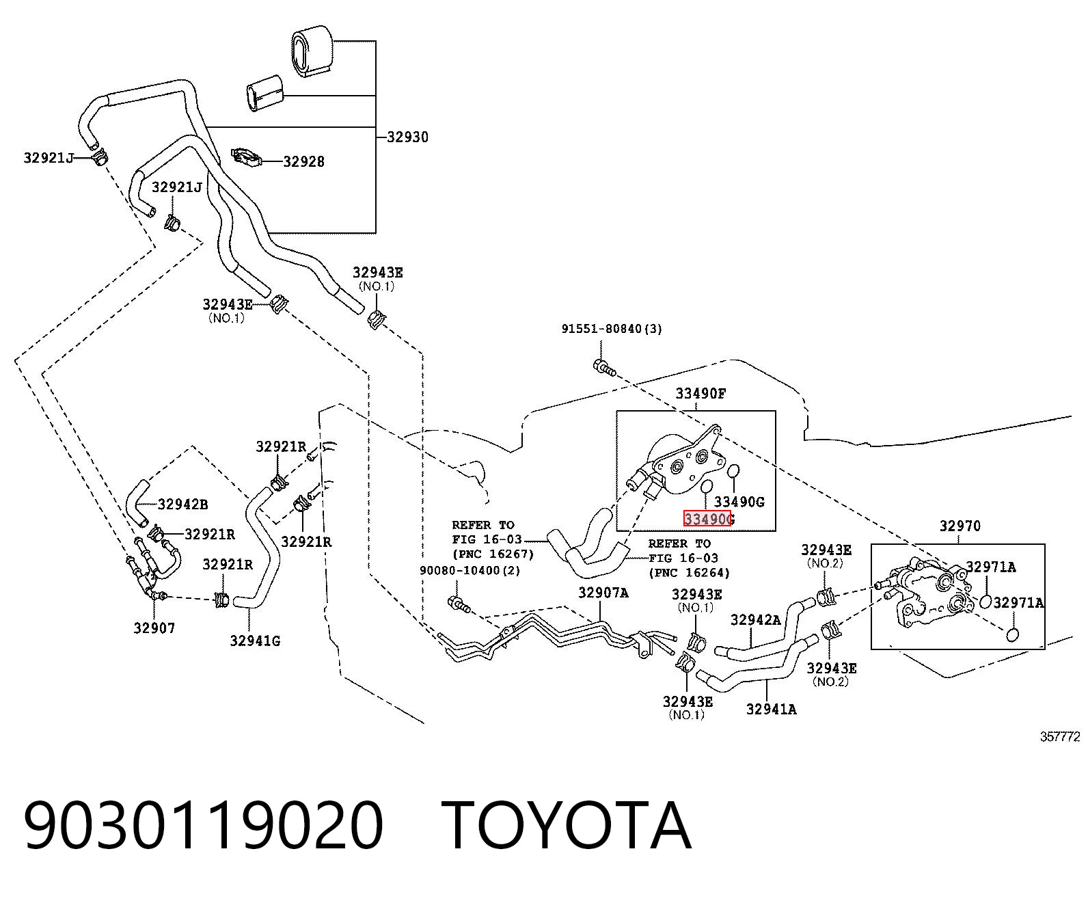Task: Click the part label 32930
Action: (407, 137)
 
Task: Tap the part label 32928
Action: (304, 161)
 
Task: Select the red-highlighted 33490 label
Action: (707, 519)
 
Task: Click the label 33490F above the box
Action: (701, 393)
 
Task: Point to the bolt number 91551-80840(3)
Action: (612, 329)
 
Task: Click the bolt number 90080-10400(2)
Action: (470, 570)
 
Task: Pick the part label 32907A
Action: (603, 592)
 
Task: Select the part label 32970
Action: (960, 526)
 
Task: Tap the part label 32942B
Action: (183, 505)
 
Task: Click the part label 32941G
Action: (256, 641)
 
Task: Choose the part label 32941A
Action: (771, 709)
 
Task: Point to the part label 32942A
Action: (756, 619)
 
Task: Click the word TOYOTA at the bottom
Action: (567, 825)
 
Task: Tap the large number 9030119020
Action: (203, 825)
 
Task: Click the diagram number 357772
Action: (1061, 737)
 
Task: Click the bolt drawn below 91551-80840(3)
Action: (604, 367)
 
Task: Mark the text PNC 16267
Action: (493, 554)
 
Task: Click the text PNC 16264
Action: (690, 572)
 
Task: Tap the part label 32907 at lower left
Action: (154, 628)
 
